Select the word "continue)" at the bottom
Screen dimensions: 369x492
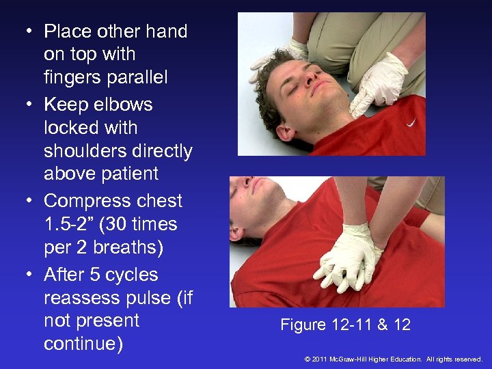(x=83, y=344)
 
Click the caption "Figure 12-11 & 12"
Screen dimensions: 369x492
(x=345, y=325)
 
